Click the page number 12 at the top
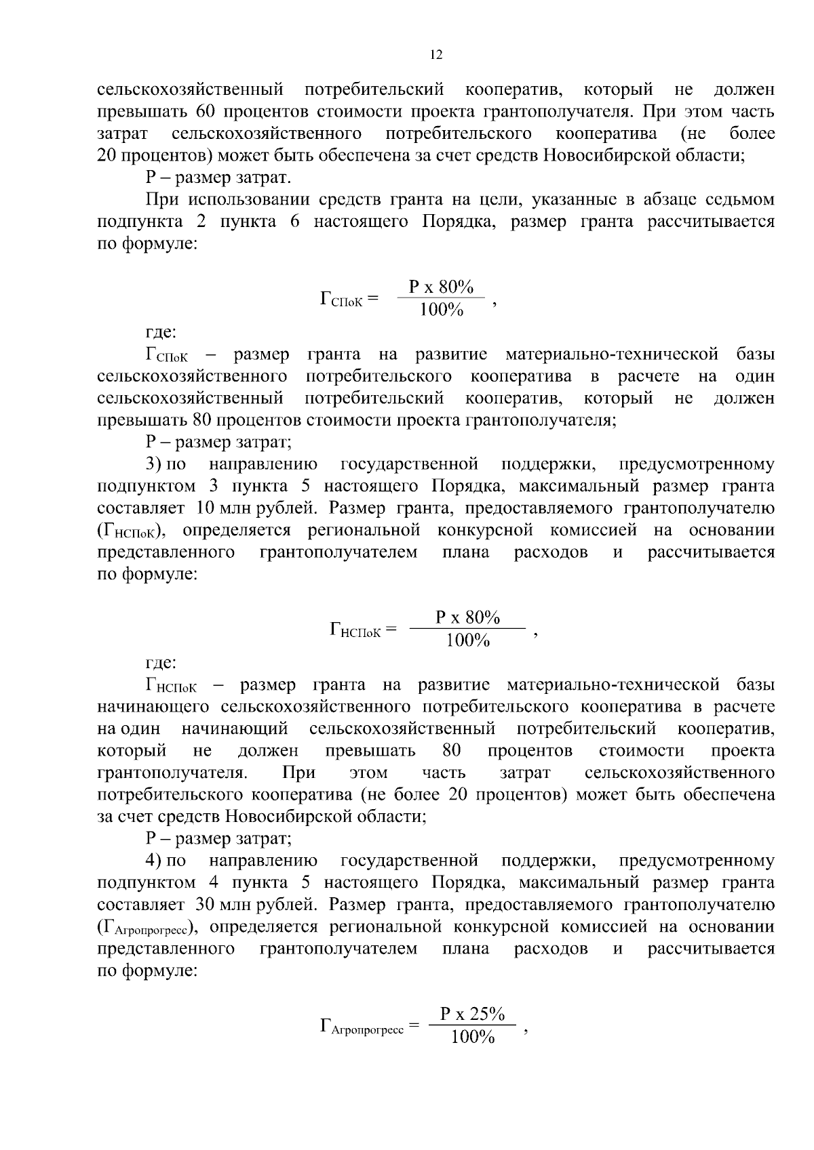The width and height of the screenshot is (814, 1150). pos(436,55)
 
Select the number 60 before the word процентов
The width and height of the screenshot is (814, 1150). pos(206,111)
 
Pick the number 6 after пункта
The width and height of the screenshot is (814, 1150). pos(294,222)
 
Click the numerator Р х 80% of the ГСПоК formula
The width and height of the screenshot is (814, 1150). pos(441,287)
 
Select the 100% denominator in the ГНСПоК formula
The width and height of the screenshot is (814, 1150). pos(467,640)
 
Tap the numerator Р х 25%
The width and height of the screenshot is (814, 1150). pos(472,1014)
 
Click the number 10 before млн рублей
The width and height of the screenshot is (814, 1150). pos(206,508)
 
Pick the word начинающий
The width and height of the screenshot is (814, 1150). pos(235,729)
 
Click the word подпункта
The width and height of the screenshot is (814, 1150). pos(140,222)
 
